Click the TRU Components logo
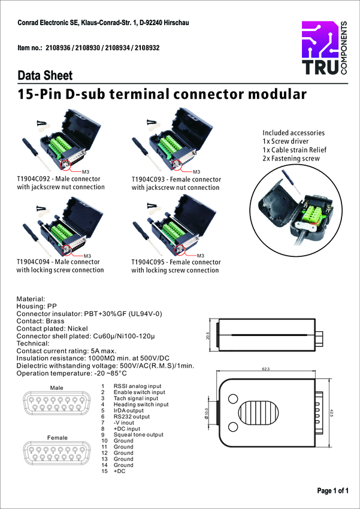pos(323,49)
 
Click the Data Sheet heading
pos(45,76)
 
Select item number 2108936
pos(64,47)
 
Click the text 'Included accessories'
pos(294,133)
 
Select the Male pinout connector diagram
pos(56,403)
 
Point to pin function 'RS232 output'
pos(132,416)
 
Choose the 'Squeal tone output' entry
pos(138,435)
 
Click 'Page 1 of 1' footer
pos(332,491)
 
